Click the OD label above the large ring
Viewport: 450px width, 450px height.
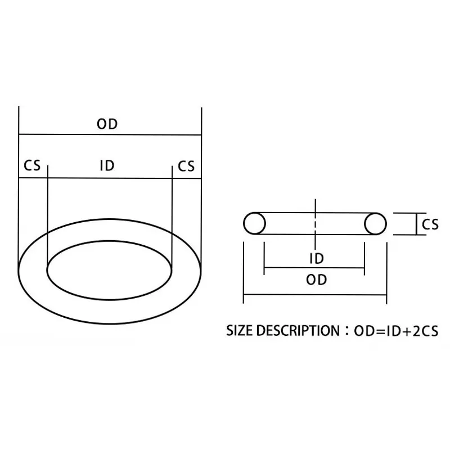(x=107, y=124)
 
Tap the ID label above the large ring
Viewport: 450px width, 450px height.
(x=107, y=166)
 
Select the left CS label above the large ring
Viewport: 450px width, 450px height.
(x=32, y=166)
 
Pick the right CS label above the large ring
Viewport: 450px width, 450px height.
(x=186, y=166)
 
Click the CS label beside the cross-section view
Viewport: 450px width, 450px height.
(x=430, y=224)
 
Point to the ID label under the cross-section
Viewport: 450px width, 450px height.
(x=317, y=259)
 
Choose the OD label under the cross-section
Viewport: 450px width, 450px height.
(x=317, y=280)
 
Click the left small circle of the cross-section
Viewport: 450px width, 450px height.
(x=254, y=224)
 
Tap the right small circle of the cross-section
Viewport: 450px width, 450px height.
(x=375, y=224)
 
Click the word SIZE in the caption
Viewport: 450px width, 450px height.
(x=240, y=331)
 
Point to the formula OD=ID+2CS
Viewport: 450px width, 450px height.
(x=396, y=331)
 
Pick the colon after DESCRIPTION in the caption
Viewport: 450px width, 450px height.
(x=346, y=331)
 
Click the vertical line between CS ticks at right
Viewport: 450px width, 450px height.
(x=415, y=224)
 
